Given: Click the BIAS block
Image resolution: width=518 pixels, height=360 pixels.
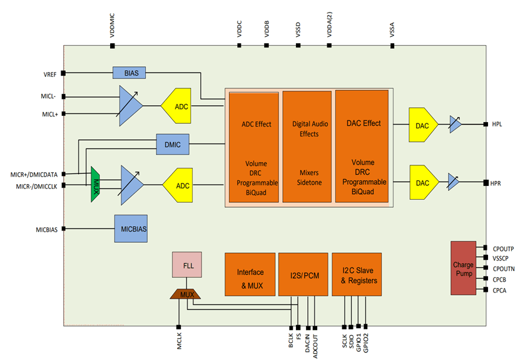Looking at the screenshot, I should [x=129, y=73].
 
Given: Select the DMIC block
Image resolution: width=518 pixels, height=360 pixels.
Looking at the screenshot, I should [x=173, y=145].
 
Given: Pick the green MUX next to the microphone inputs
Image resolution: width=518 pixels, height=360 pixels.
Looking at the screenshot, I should [x=96, y=184].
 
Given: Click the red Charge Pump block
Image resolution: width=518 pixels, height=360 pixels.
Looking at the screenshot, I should [x=463, y=267].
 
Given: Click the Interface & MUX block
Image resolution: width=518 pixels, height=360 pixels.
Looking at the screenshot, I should [x=250, y=275].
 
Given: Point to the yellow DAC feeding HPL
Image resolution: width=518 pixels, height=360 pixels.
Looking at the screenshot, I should [x=424, y=125].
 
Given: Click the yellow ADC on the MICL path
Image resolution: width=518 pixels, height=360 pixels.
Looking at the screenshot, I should [x=179, y=106].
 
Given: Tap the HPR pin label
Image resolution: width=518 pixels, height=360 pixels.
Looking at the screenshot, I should [x=497, y=183].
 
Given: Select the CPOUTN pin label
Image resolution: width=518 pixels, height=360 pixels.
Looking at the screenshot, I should [x=503, y=269].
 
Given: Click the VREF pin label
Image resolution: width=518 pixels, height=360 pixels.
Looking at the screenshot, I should [x=50, y=74].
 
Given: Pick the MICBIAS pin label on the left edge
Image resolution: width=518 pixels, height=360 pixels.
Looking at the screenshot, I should [x=46, y=230].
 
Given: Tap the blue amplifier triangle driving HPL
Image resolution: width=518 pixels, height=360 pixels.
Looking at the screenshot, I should [x=455, y=125].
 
